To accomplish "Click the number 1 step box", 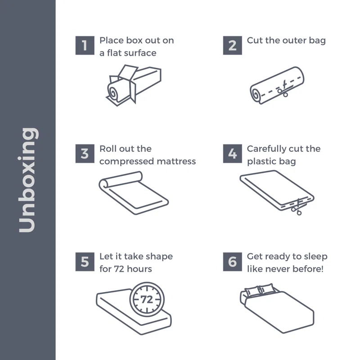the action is [x=85, y=45].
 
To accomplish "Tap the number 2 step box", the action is [x=232, y=45].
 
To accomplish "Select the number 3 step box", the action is [x=85, y=153].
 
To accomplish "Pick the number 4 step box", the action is [x=232, y=153].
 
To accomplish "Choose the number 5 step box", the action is [x=85, y=262].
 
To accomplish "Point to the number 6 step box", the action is [x=232, y=262].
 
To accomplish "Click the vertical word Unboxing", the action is [x=27, y=180].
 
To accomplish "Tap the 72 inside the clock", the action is [x=147, y=299].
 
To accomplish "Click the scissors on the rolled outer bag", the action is [x=283, y=89].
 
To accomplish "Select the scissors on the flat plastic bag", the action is [x=297, y=207].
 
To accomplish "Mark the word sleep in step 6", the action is [x=316, y=256].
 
